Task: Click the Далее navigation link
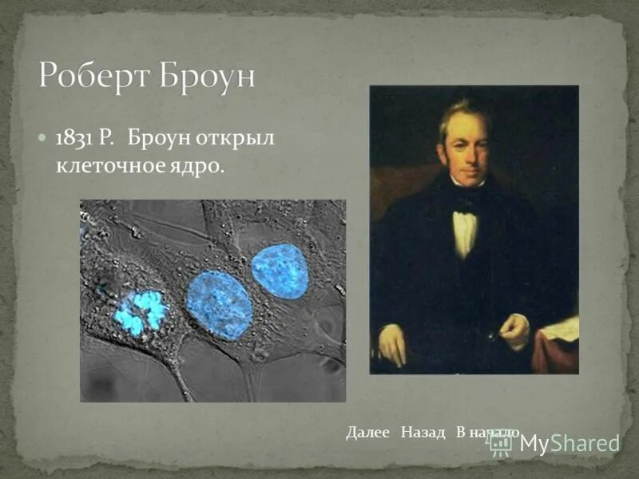click(367, 432)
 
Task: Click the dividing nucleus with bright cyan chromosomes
click(140, 311)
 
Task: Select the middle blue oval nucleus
click(219, 304)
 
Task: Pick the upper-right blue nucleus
click(280, 271)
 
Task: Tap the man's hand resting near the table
click(514, 329)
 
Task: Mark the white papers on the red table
click(563, 328)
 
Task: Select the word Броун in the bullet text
click(157, 138)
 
